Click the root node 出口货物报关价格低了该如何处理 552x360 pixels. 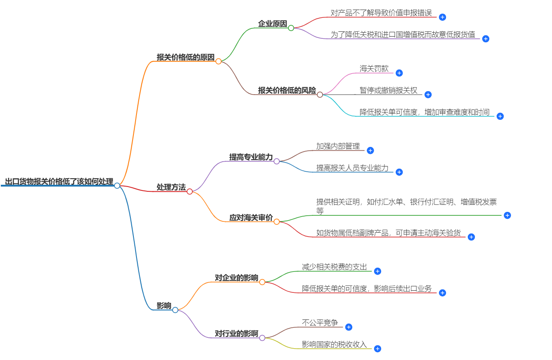pos(59,182)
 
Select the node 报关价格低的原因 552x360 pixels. pos(185,57)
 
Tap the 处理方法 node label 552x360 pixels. pos(171,187)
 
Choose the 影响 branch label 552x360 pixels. pos(164,306)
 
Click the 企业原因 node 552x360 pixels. pos(273,24)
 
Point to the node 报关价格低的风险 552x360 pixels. pos(286,90)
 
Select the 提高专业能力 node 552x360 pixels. pos(251,157)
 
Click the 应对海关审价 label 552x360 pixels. pos(251,217)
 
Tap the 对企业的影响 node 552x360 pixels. pos(236,278)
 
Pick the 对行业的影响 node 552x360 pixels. pos(236,334)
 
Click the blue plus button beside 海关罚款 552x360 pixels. pos(399,73)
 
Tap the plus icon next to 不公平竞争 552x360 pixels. pos(348,327)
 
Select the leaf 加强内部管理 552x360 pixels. pos(338,146)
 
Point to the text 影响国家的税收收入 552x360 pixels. pos(334,344)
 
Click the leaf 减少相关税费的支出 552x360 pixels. pos(334,267)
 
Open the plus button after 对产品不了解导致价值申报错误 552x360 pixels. pos(442,17)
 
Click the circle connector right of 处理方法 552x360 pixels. pos(190,191)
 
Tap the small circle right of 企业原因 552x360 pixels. pos(291,28)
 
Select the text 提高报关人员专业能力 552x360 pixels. pos(352,168)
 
